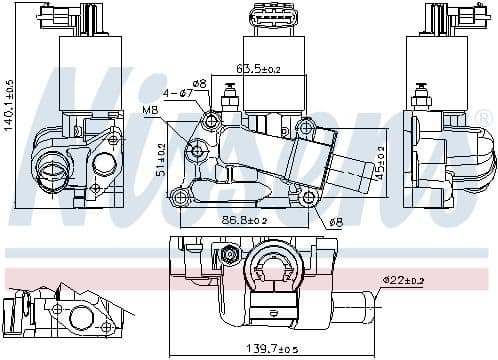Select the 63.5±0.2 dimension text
coord(258,70)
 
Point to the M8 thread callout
coord(149,109)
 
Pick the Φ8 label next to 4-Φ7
coord(199,83)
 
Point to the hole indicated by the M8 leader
coord(197,151)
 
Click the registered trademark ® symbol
coord(483,119)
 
